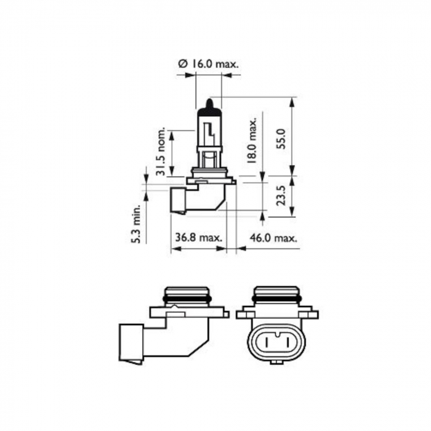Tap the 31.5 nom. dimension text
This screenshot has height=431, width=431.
coord(161,152)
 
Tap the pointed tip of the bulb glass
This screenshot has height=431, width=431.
coord(208,101)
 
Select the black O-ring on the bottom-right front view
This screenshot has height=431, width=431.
coord(276,299)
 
